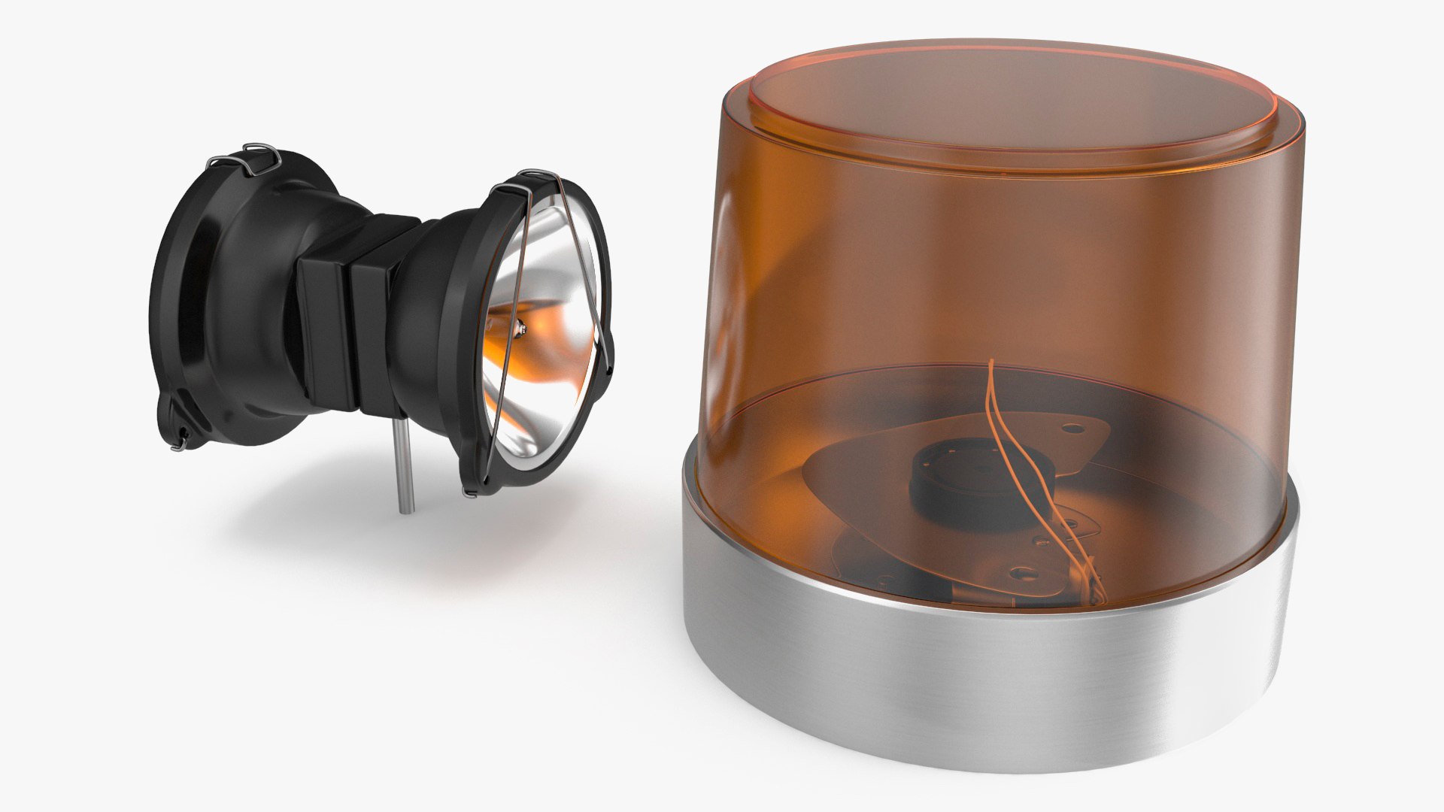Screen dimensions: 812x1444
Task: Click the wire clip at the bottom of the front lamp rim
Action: click(472, 492)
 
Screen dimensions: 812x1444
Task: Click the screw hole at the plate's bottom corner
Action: click(1021, 572)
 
